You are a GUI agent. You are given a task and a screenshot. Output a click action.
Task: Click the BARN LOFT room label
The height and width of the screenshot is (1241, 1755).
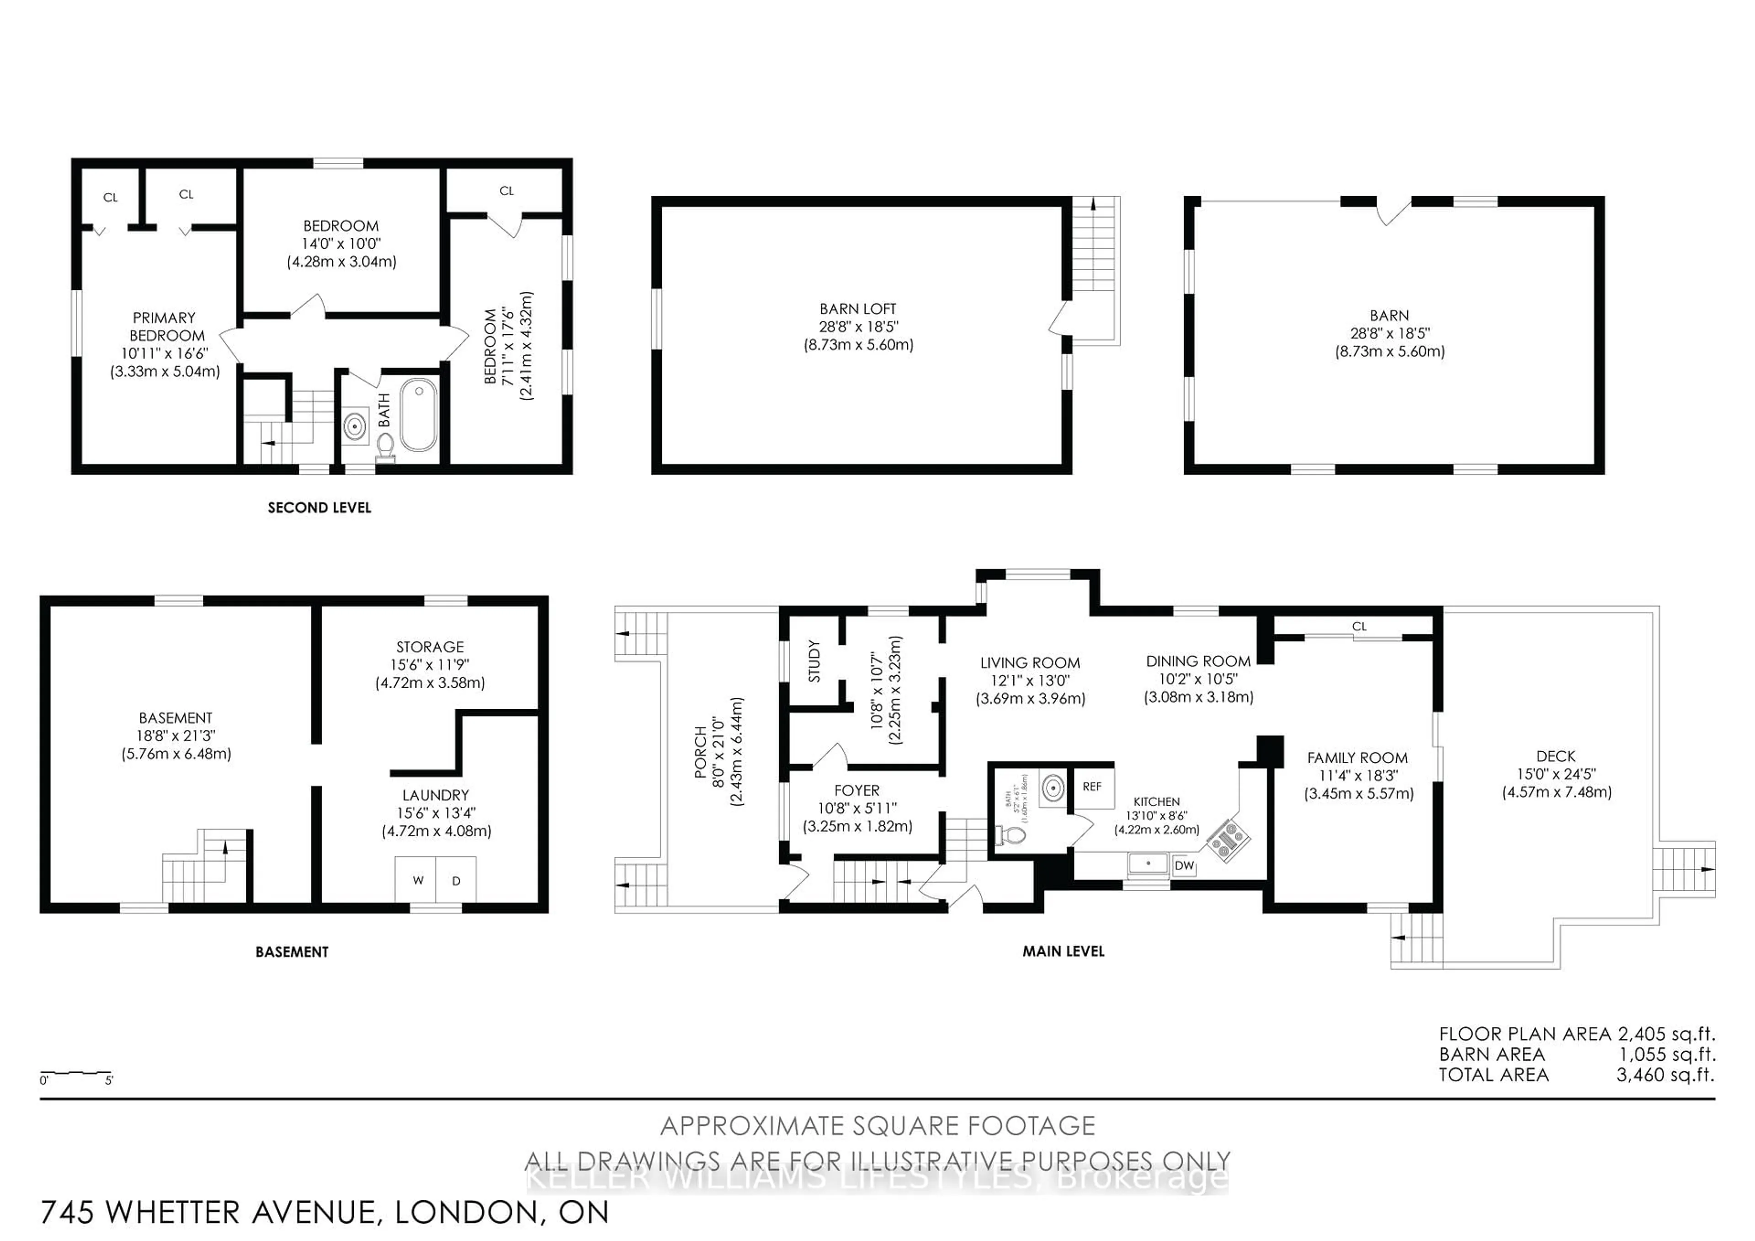(858, 309)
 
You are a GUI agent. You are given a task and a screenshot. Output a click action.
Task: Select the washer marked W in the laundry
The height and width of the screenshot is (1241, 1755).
(417, 881)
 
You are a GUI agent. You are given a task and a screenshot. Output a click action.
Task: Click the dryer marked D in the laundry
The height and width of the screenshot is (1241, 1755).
(456, 881)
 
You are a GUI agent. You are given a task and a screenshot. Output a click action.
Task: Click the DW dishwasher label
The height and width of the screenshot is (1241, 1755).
(1184, 866)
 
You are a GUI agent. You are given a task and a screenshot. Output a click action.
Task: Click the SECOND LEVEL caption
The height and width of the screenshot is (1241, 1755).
(319, 508)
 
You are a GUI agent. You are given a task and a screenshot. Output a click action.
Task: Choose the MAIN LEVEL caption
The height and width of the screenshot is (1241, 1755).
(1063, 951)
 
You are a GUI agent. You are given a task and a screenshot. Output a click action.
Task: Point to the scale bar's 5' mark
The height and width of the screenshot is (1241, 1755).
(109, 1081)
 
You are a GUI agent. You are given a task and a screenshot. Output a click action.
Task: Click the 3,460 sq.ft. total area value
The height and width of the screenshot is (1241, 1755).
(1665, 1075)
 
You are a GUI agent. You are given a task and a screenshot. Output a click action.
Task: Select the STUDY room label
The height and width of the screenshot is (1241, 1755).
(814, 661)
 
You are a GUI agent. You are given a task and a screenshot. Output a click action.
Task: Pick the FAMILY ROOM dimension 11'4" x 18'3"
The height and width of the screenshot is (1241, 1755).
(1357, 776)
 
